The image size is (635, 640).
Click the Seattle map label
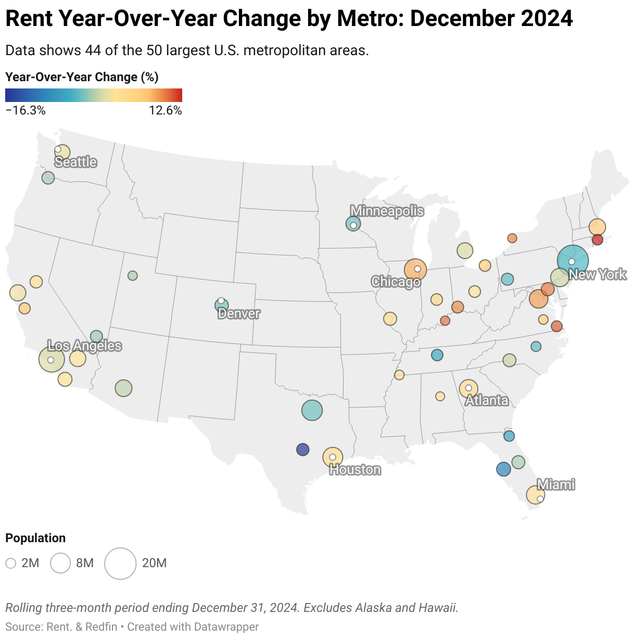(x=75, y=162)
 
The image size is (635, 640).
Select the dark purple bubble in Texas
(x=302, y=449)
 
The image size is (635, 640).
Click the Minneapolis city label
(x=387, y=211)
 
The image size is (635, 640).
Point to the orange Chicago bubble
(x=415, y=270)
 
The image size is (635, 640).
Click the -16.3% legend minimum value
(x=26, y=110)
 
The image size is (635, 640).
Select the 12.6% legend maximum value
(x=166, y=110)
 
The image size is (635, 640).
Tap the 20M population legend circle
(x=120, y=563)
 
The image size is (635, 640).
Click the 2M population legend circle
(x=11, y=563)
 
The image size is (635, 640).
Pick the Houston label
(x=355, y=470)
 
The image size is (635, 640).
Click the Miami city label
(x=556, y=484)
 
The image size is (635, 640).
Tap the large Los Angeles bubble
(x=52, y=359)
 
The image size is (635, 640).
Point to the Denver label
(x=239, y=313)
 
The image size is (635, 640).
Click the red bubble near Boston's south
(x=597, y=240)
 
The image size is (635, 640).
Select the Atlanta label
(x=487, y=400)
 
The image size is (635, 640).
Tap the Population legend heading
(x=35, y=538)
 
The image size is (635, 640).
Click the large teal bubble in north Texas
(x=312, y=410)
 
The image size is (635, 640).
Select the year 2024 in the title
(x=547, y=19)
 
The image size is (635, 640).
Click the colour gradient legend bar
(x=94, y=95)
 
